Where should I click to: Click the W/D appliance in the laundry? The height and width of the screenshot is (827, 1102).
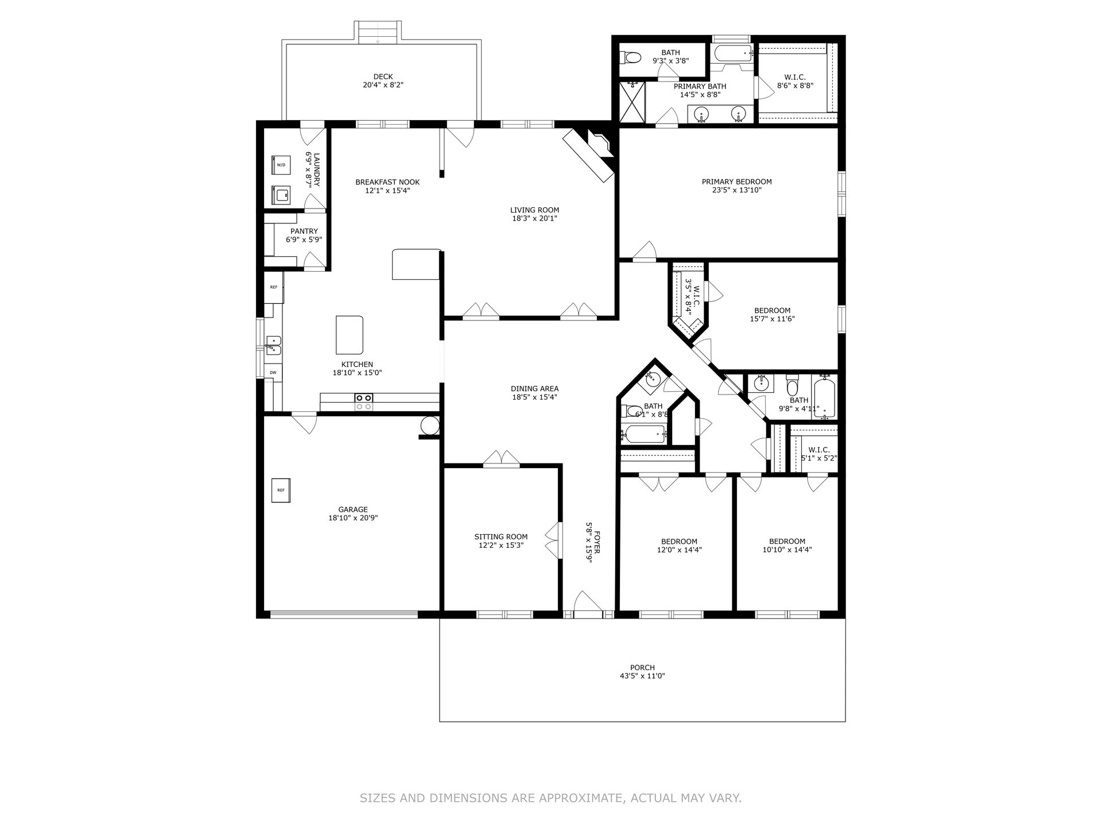click(281, 164)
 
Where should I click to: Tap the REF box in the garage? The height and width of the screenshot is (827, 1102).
click(281, 490)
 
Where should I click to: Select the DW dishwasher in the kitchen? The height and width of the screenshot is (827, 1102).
click(273, 372)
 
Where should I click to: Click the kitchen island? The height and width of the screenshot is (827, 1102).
click(350, 335)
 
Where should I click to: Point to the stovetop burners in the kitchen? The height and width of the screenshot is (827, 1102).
click(363, 401)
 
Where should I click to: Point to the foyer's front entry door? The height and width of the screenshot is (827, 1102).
click(588, 603)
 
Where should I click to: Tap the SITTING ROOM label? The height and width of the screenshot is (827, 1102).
click(500, 537)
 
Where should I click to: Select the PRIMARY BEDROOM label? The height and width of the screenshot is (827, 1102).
click(736, 181)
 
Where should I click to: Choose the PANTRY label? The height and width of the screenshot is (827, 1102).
click(304, 231)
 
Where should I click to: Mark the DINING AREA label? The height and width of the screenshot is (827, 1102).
click(535, 389)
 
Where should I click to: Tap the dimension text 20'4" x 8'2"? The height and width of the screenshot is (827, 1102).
click(383, 85)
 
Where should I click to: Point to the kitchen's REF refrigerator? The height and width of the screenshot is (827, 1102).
click(274, 287)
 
